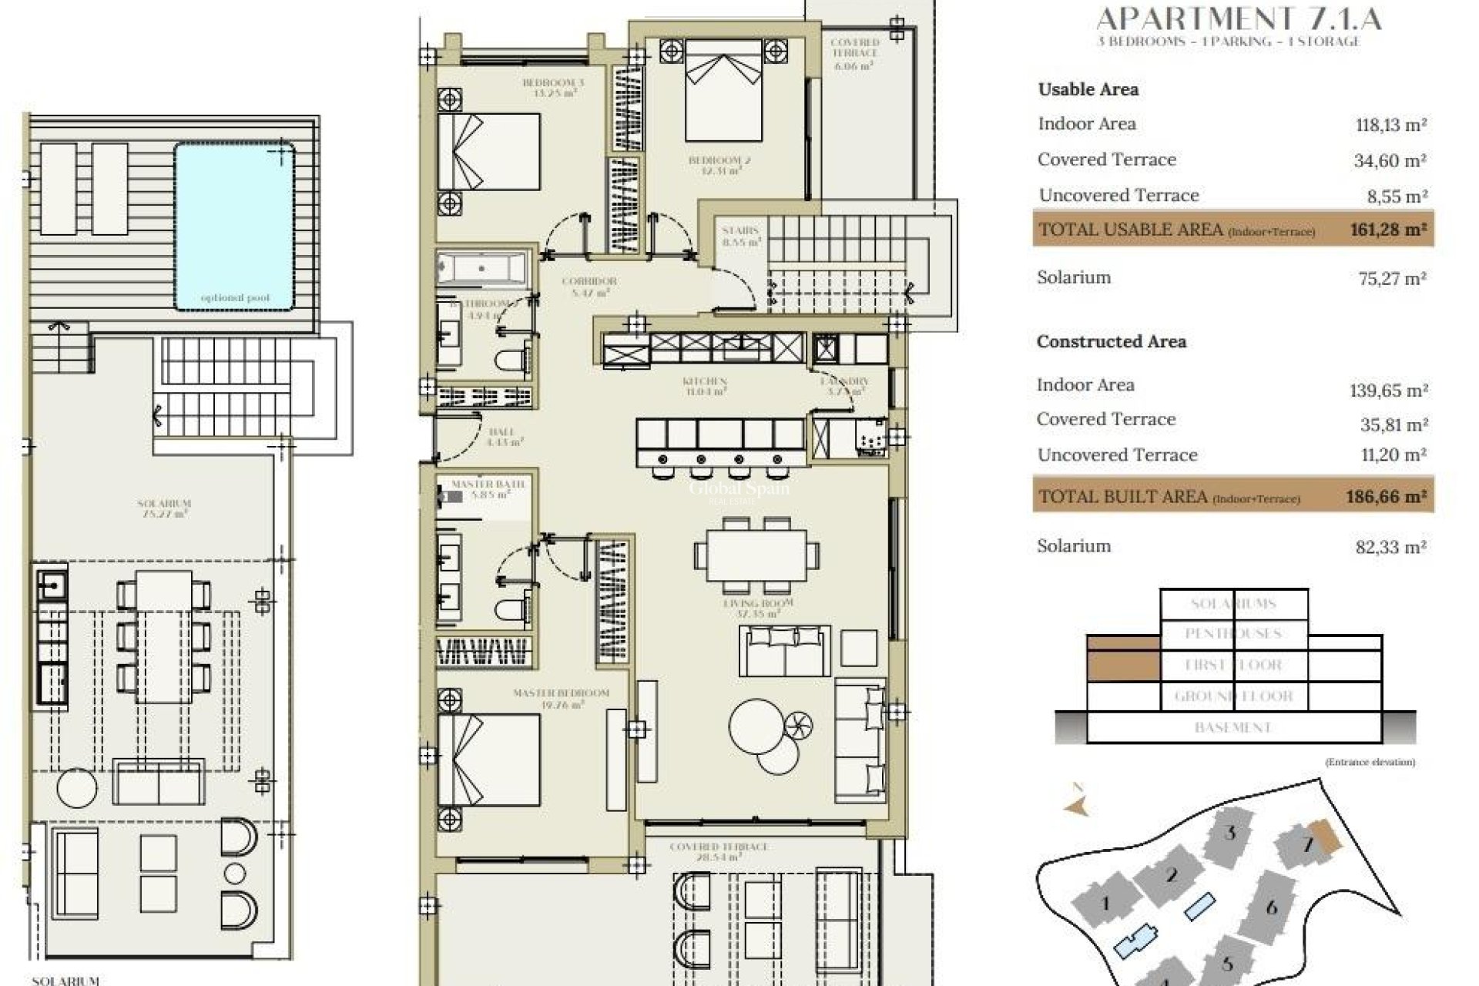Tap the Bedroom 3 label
553,87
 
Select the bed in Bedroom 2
723,91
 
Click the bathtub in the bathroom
482,269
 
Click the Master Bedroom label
561,698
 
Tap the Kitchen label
705,386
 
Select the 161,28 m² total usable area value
1387,229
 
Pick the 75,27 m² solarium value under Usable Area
1392,278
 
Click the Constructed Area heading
1111,342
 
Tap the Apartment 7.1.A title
1239,18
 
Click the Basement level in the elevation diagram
1232,727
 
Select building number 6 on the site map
1271,907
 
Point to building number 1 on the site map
1105,903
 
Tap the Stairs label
741,236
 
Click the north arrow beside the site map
1077,801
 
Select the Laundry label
845,386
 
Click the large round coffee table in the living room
756,726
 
